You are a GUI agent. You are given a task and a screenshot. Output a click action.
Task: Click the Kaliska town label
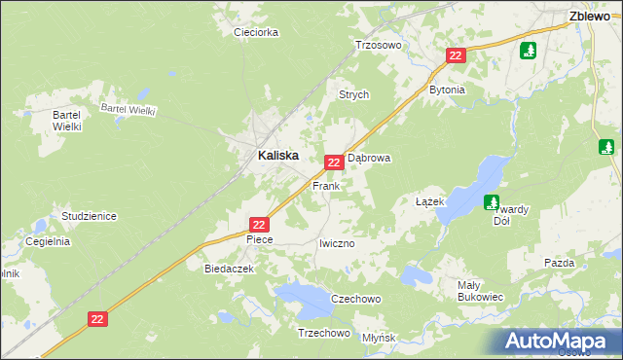pyautogui.click(x=277, y=155)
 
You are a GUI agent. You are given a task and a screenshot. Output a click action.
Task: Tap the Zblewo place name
pyautogui.click(x=590, y=16)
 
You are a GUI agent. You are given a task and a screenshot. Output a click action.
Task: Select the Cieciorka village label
pyautogui.click(x=256, y=32)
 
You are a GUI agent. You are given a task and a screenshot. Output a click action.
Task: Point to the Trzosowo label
pyautogui.click(x=379, y=45)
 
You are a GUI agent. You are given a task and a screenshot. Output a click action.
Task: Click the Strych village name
pyautogui.click(x=353, y=95)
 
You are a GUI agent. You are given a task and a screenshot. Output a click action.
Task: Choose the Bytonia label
pyautogui.click(x=447, y=90)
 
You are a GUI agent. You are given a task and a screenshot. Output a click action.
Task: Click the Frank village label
pyautogui.click(x=325, y=185)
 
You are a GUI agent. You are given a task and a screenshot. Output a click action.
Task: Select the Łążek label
pyautogui.click(x=429, y=201)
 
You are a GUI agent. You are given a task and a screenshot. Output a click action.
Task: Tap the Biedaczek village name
pyautogui.click(x=229, y=268)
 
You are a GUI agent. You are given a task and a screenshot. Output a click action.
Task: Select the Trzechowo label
pyautogui.click(x=323, y=333)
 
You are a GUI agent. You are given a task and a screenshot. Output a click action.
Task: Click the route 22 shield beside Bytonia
pyautogui.click(x=456, y=56)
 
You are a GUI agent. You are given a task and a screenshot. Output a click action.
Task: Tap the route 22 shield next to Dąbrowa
pyautogui.click(x=334, y=162)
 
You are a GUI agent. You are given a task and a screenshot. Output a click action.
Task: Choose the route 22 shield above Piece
pyautogui.click(x=258, y=224)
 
